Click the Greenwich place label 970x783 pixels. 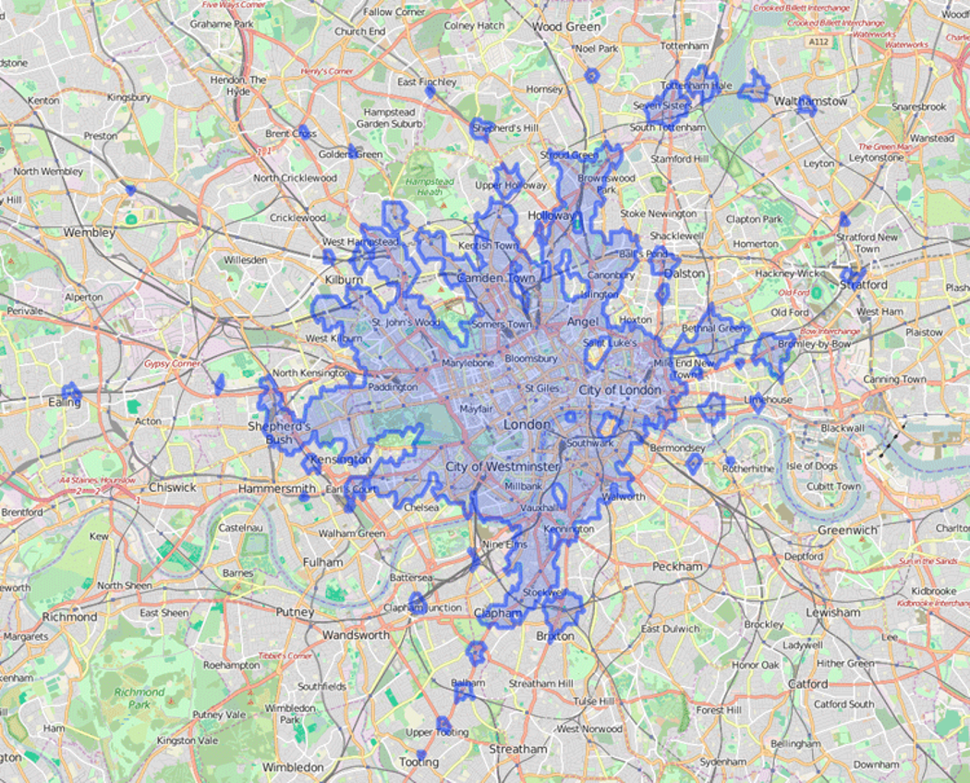coord(847,530)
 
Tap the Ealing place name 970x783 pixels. coord(64,402)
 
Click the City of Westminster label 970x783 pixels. coord(502,466)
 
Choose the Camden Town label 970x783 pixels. coord(495,278)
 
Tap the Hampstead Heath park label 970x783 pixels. coord(424,186)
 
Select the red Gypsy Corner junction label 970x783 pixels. coord(172,363)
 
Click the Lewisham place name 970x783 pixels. coord(831,612)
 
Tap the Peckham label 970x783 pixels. coord(677,566)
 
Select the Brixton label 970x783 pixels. coord(554,636)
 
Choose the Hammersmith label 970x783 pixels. coord(277,487)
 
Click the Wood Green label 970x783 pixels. coord(565,28)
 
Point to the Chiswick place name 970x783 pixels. coord(172,486)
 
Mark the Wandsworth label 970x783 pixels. coord(356,635)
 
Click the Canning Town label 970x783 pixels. coord(894,379)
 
